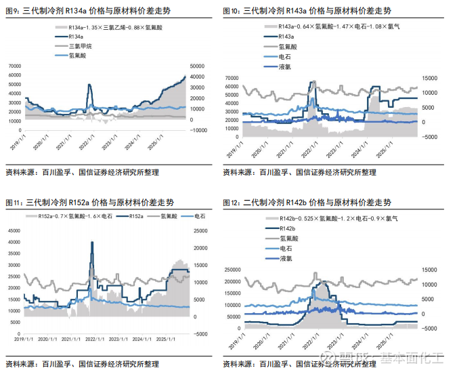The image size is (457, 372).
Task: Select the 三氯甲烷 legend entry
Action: pyautogui.click(x=80, y=46)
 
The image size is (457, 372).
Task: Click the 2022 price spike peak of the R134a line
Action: pyautogui.click(x=89, y=85)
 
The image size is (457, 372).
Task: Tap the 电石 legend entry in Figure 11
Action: pyautogui.click(x=200, y=215)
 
